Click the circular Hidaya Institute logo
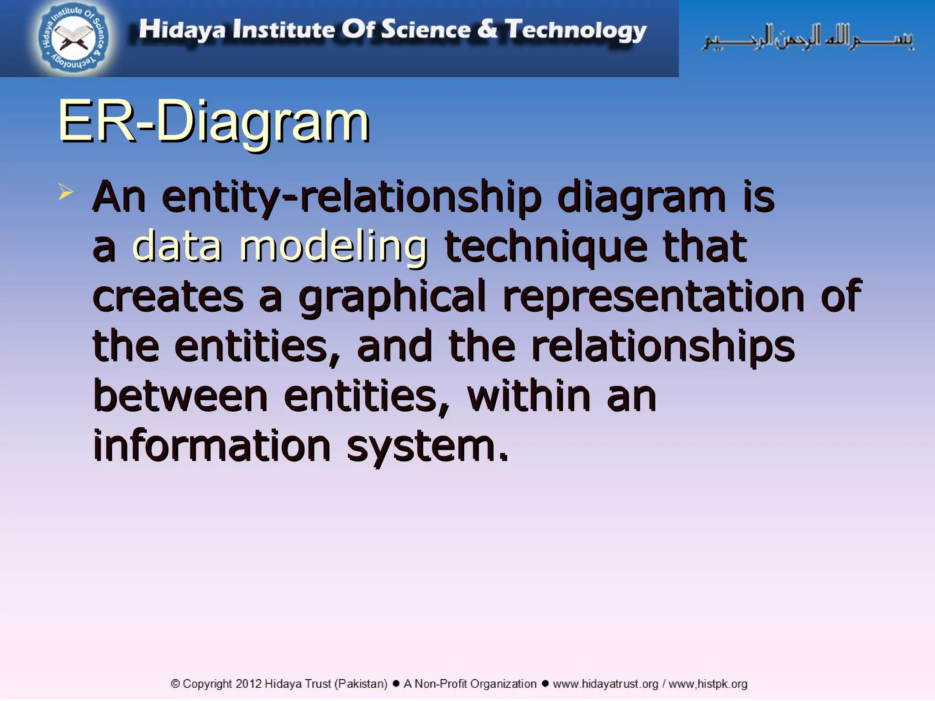click(73, 38)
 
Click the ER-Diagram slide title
click(213, 122)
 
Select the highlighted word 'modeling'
click(333, 247)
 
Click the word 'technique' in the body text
click(546, 247)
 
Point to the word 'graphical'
click(392, 297)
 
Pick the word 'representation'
click(653, 297)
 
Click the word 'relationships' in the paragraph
click(663, 346)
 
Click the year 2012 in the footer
click(248, 684)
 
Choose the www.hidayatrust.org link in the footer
click(605, 684)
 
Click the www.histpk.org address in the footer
click(708, 684)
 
